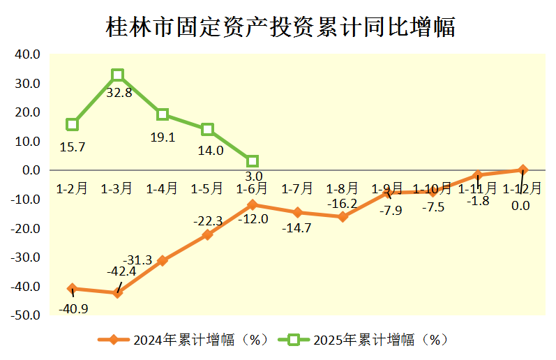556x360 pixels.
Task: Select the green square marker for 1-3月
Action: click(x=118, y=75)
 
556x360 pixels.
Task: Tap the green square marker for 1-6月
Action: click(x=253, y=161)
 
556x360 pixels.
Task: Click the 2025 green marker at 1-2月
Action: click(x=73, y=124)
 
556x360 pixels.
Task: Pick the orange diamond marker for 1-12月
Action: click(x=523, y=170)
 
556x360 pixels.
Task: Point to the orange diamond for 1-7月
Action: click(x=298, y=213)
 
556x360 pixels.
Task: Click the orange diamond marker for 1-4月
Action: click(x=163, y=260)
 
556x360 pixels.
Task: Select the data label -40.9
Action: click(x=73, y=308)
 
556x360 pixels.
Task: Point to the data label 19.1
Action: click(x=163, y=137)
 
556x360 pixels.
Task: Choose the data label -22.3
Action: click(x=208, y=221)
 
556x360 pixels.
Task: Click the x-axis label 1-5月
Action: click(x=207, y=188)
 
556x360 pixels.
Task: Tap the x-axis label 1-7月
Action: click(x=297, y=188)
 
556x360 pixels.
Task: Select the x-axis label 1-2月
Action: click(x=72, y=188)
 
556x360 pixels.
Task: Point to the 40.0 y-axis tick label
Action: click(x=27, y=54)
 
